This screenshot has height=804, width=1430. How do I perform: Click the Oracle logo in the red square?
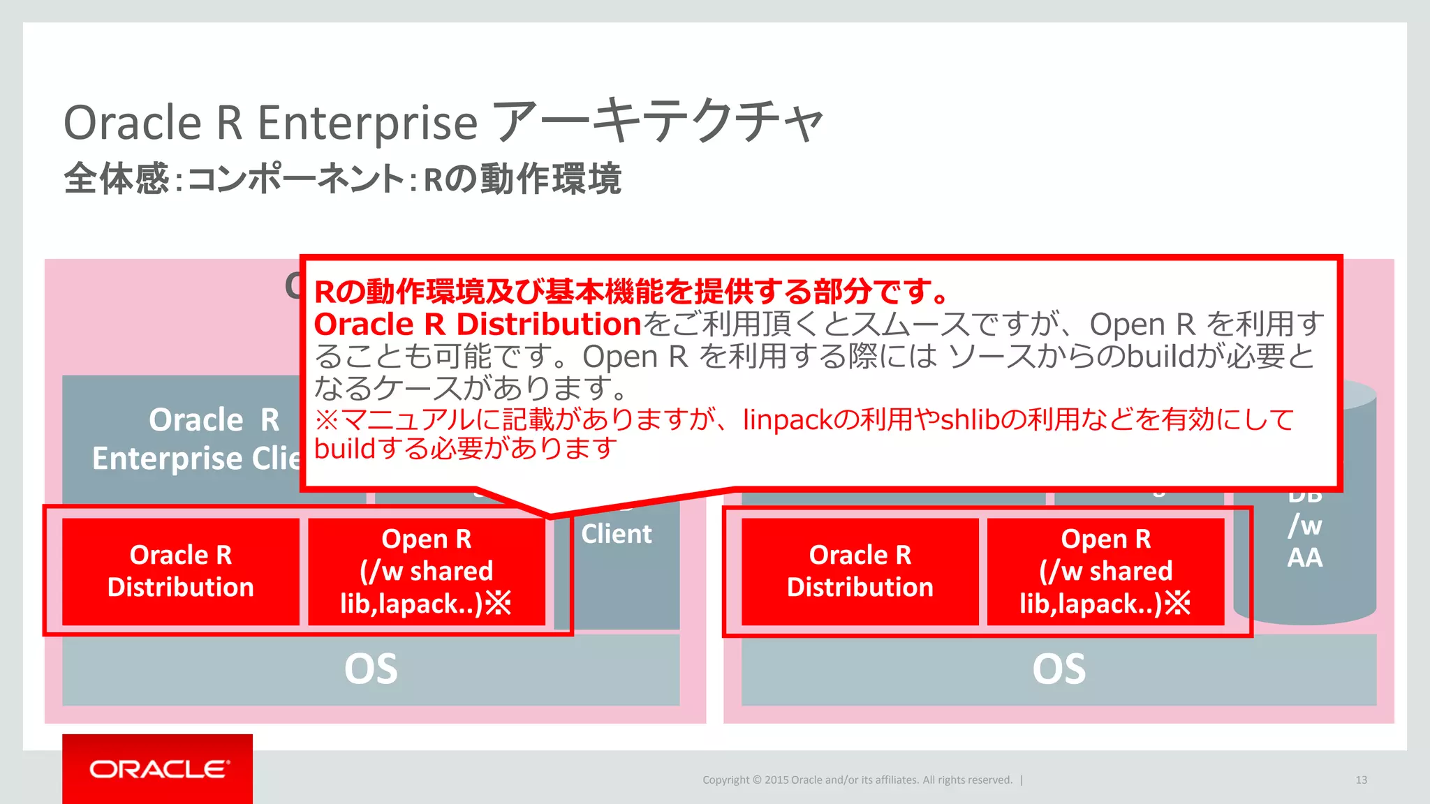(159, 769)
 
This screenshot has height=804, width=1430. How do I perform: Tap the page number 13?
(1361, 780)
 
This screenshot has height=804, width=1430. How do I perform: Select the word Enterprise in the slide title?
(367, 123)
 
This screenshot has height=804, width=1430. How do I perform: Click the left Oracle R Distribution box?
(180, 571)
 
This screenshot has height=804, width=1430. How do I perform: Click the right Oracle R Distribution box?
(860, 571)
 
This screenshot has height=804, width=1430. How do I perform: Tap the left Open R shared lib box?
(426, 571)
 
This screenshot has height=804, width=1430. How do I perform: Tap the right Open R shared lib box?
(1105, 571)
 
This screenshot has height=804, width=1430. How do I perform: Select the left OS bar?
(371, 669)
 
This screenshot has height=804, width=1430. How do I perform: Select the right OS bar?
(1059, 669)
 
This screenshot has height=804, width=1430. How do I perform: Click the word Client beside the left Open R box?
(616, 534)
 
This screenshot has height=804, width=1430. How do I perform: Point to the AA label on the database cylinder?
(1304, 558)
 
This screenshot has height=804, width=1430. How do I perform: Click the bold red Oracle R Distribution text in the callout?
(478, 324)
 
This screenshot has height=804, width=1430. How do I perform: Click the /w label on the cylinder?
(1304, 525)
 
